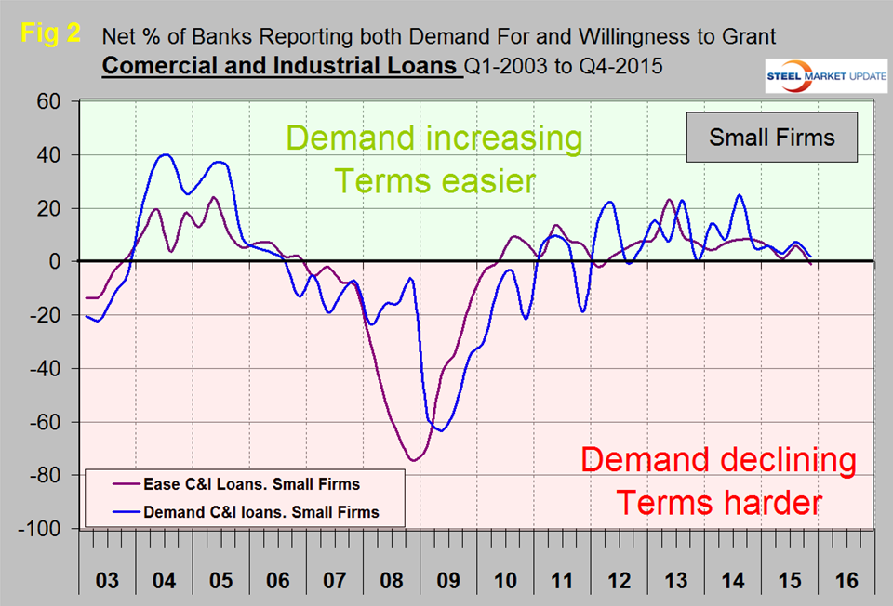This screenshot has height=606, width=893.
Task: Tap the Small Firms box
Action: tap(771, 138)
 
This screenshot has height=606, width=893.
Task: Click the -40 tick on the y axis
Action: tap(55, 369)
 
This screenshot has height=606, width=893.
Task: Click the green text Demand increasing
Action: tap(433, 138)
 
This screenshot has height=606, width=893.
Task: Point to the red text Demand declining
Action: tap(719, 459)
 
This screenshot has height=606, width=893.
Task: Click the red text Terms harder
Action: tap(719, 503)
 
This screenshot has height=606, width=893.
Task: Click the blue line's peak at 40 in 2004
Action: tap(165, 155)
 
